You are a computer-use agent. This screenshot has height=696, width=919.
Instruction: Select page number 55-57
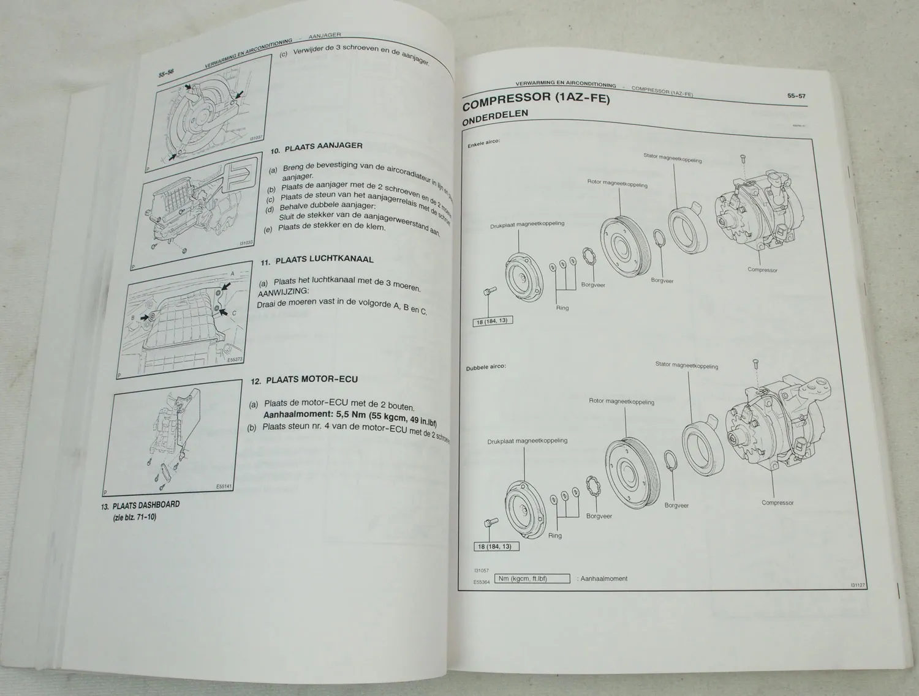click(796, 95)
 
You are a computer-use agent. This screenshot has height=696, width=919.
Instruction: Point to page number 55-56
click(167, 73)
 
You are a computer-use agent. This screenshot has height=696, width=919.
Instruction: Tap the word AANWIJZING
click(283, 292)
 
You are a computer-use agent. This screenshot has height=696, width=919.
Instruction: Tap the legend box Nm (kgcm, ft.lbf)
click(532, 578)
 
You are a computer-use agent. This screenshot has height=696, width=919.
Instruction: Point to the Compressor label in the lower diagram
click(777, 503)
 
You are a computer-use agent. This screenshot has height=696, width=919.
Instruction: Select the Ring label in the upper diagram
click(562, 307)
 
